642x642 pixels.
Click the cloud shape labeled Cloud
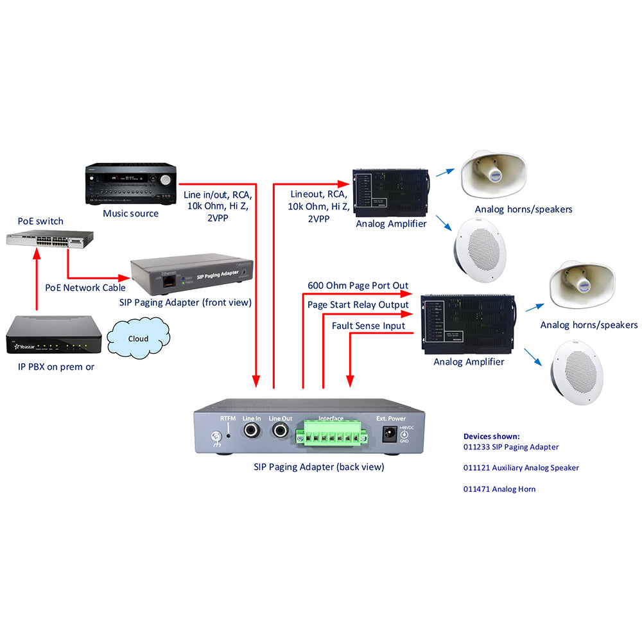coord(138,338)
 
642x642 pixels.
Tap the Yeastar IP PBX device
coord(54,336)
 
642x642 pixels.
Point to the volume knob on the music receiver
coord(167,179)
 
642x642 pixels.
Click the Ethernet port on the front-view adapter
coord(169,281)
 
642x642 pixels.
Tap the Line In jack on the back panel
coord(250,431)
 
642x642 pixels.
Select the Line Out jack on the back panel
coord(281,431)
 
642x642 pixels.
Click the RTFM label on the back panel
coord(228,419)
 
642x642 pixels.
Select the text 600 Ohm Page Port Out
coord(358,286)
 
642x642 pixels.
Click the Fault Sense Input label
coord(369,326)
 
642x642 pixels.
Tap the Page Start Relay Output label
coord(358,304)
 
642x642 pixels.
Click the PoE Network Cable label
coord(81,288)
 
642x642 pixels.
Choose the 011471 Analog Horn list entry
coord(499,489)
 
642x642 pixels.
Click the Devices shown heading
coord(491,437)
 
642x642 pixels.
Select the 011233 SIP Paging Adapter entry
coord(510,447)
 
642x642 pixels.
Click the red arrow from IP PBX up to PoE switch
coord(37,282)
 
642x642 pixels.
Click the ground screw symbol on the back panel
coord(216,440)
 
